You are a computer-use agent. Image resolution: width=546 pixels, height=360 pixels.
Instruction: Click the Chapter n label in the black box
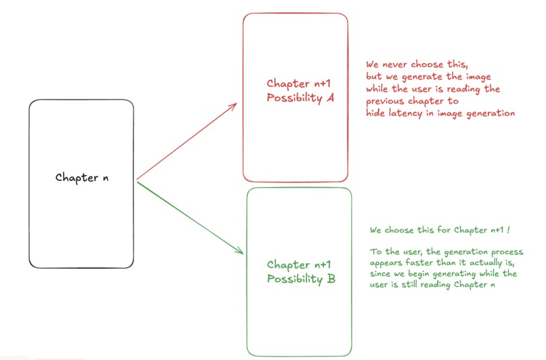pos(81,178)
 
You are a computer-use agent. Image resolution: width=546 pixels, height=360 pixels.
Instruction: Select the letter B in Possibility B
pos(331,278)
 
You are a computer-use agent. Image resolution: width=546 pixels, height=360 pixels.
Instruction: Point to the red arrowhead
pos(233,106)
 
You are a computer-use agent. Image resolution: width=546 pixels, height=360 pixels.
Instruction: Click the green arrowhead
pos(239,251)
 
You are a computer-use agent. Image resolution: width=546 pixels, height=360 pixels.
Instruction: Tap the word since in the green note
pos(381,274)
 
